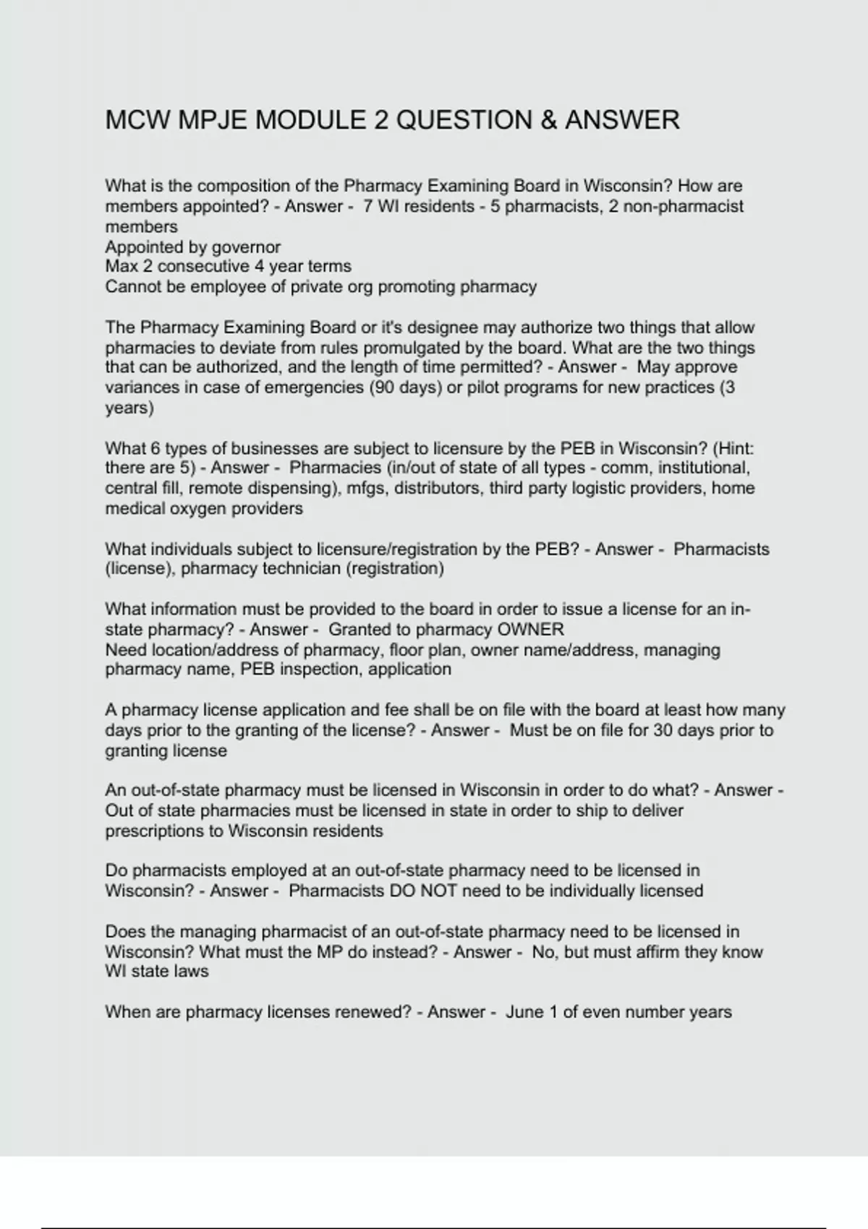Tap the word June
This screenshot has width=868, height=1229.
[524, 1012]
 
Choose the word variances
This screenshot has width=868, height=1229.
[140, 387]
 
